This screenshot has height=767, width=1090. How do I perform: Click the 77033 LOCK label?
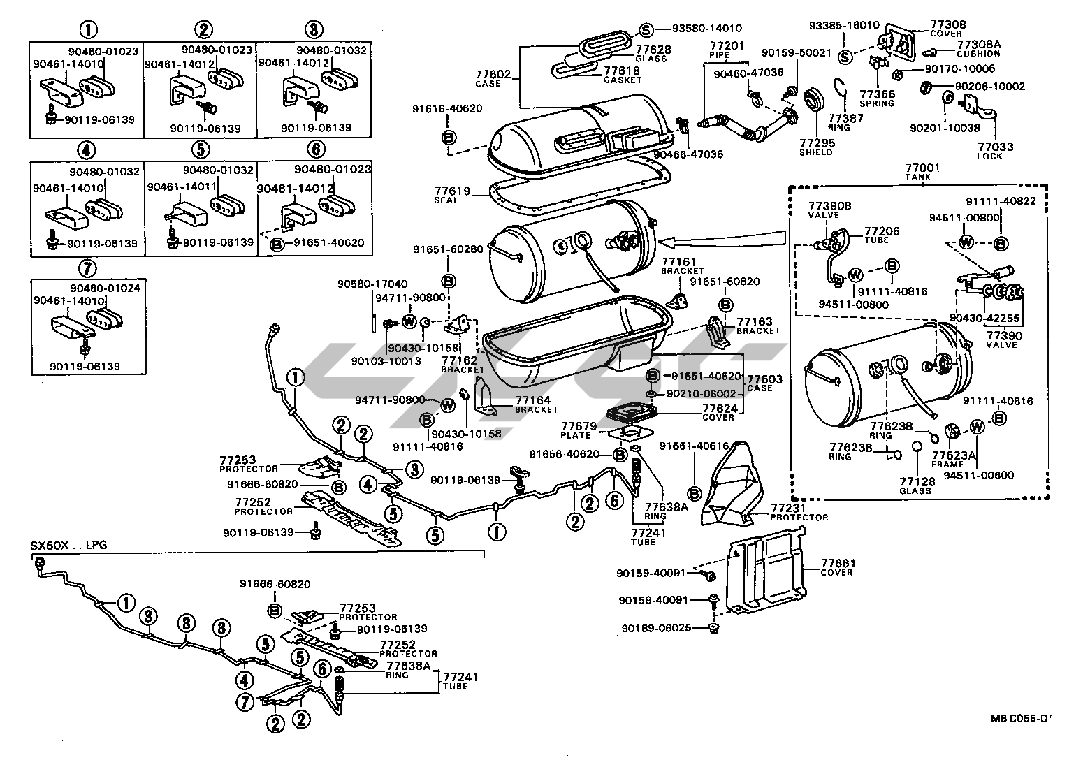[x=996, y=151]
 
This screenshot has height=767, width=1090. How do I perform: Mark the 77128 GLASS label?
[x=916, y=486]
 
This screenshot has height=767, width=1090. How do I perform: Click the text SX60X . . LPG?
[x=69, y=544]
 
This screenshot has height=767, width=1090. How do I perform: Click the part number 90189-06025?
[x=656, y=628]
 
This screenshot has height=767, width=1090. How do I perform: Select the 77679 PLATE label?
[x=577, y=430]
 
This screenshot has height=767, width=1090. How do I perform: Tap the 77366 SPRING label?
[x=876, y=98]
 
